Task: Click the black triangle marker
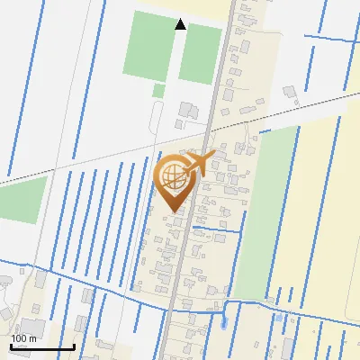[x=181, y=24]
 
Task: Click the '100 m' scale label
[x=25, y=338]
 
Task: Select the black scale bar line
[x=41, y=346]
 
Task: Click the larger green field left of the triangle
[x=148, y=45]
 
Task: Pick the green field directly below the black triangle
[x=200, y=54]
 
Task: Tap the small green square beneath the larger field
[x=158, y=91]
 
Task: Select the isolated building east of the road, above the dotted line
[x=290, y=91]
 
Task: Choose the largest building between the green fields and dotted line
[x=187, y=111]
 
